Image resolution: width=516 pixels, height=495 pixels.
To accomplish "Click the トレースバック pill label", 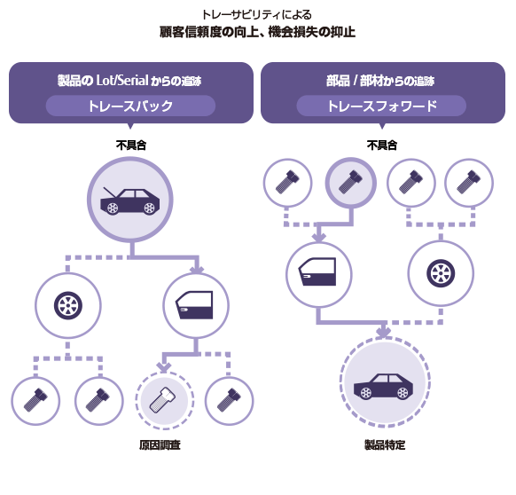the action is [130, 106].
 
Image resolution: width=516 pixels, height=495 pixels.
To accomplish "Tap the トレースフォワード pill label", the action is [382, 106].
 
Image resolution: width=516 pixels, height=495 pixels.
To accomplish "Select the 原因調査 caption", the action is [160, 445].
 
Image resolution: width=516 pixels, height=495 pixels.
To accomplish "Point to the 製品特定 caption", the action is [385, 445].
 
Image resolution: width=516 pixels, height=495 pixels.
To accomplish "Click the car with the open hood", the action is [130, 200].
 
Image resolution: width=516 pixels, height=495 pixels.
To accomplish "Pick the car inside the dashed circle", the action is [383, 386].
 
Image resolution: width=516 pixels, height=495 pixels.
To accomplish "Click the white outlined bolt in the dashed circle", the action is [163, 400].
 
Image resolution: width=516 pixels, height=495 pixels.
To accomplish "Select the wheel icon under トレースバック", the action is [67, 306].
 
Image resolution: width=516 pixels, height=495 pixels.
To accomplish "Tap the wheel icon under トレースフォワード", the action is [441, 273].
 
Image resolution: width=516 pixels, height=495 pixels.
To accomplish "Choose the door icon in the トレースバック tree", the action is [194, 304].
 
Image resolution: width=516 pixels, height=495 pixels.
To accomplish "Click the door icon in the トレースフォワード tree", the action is [317, 271].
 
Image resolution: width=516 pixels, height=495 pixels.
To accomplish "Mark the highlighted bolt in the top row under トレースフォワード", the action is [350, 182].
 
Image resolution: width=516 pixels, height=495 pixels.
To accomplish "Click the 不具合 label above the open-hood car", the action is [131, 145].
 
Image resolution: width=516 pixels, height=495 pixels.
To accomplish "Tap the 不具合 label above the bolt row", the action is [382, 145].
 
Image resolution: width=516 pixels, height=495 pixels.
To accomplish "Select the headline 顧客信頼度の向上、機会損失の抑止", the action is [257, 32].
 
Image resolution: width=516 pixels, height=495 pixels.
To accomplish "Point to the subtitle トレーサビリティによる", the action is [257, 14].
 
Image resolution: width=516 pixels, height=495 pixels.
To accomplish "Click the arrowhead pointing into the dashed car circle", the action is [383, 333].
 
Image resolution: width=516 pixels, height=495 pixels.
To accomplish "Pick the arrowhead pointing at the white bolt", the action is [163, 367].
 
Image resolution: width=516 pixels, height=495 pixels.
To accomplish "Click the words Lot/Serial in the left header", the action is [122, 80].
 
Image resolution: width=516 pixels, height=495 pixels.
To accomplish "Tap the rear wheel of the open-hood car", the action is [113, 208].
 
